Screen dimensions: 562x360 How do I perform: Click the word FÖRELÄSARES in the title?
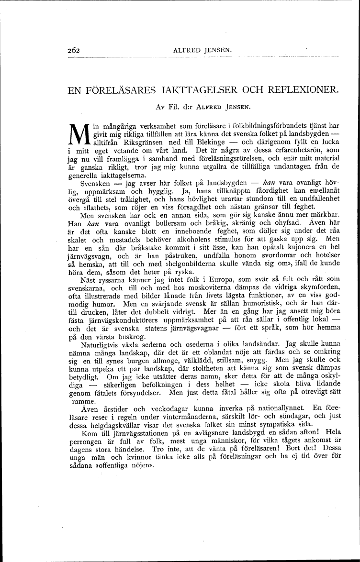coord(119,89)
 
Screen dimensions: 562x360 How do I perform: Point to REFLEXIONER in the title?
coord(297,89)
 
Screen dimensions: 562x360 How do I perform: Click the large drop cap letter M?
coord(78,134)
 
